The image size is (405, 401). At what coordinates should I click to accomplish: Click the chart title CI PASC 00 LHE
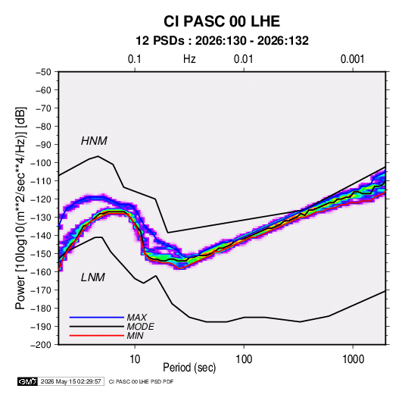coord(222,21)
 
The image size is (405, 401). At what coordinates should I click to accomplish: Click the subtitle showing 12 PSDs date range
coord(222,41)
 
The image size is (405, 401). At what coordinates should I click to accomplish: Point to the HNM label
coord(94,141)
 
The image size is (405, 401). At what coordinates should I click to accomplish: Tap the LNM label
coord(93,277)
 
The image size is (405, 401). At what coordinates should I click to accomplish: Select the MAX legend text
coord(137,318)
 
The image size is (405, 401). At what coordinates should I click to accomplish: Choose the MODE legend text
coord(141,327)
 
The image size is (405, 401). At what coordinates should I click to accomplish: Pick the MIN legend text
coord(135,336)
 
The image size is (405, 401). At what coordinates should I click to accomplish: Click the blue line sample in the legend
coord(97,318)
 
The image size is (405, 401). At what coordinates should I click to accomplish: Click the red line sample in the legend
coord(97,336)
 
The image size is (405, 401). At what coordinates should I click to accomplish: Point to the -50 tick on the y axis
coord(43,72)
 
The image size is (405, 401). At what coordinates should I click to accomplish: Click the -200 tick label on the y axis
coord(41,345)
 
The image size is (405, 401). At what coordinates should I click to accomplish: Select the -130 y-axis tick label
coord(41,218)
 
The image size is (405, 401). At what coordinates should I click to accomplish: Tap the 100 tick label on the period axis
coord(244,359)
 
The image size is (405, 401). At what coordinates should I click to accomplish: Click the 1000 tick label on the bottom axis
coord(353,359)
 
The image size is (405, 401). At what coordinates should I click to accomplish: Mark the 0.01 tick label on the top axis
coord(243,59)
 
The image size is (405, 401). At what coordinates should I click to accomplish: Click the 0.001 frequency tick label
coord(352,59)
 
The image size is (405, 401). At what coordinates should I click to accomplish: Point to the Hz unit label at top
coord(189,59)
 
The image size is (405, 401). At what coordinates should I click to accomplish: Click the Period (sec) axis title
coord(189,368)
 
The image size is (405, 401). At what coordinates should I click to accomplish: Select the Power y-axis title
coord(21,208)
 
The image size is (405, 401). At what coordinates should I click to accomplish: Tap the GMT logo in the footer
coord(28,381)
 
